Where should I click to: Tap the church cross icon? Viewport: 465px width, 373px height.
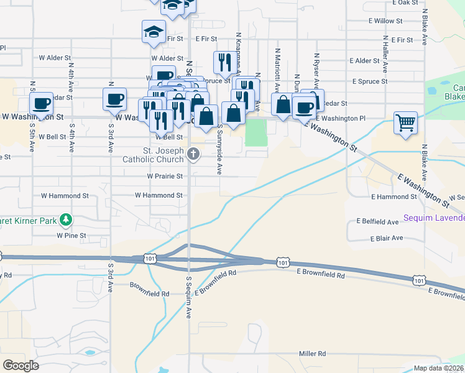coord(194,154)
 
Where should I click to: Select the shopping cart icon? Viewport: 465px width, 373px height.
coord(405,122)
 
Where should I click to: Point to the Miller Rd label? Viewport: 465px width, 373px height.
coord(312,354)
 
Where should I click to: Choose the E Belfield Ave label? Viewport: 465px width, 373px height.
coord(377,221)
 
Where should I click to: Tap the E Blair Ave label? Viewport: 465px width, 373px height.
coord(387,238)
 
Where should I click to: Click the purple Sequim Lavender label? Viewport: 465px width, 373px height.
coord(434,218)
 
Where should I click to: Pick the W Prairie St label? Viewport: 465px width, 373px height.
coord(165,177)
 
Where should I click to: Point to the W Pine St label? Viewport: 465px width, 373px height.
coord(71,236)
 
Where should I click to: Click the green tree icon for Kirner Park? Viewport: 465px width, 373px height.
coord(65,219)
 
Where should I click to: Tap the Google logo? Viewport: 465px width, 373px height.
coord(21,366)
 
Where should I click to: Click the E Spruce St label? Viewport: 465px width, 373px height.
coord(369,81)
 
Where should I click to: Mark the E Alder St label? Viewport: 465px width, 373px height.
coord(364,61)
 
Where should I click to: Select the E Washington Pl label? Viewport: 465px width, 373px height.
coord(341,118)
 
